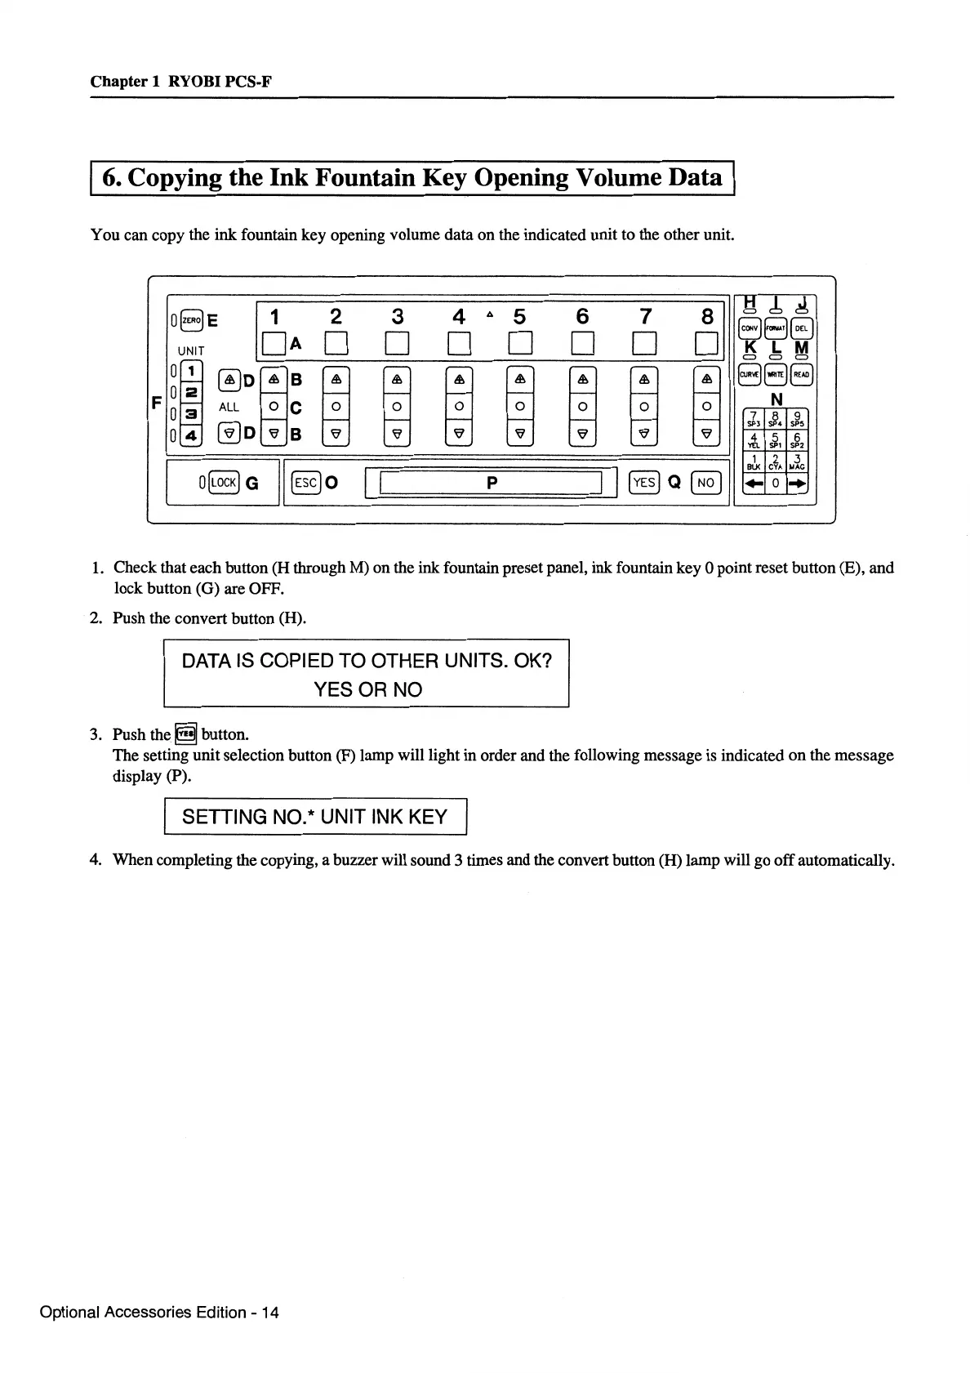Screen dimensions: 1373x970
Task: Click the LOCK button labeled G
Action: click(224, 483)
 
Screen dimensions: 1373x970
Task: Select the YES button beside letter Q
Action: click(644, 483)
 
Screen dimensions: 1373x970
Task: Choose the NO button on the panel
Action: click(705, 483)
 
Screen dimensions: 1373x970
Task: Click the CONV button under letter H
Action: click(749, 329)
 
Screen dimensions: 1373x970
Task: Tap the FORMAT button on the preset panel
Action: click(775, 329)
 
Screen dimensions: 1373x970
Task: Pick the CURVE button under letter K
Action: click(749, 375)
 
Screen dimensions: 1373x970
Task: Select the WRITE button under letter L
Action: click(775, 375)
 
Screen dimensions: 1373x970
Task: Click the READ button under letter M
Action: click(801, 375)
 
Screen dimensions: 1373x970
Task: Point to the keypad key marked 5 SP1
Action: click(775, 441)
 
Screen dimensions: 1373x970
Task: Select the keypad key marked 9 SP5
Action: click(797, 418)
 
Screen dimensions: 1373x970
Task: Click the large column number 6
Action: click(582, 316)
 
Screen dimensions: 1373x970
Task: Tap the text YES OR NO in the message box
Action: click(368, 690)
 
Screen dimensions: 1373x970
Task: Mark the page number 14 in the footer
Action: click(269, 1313)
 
